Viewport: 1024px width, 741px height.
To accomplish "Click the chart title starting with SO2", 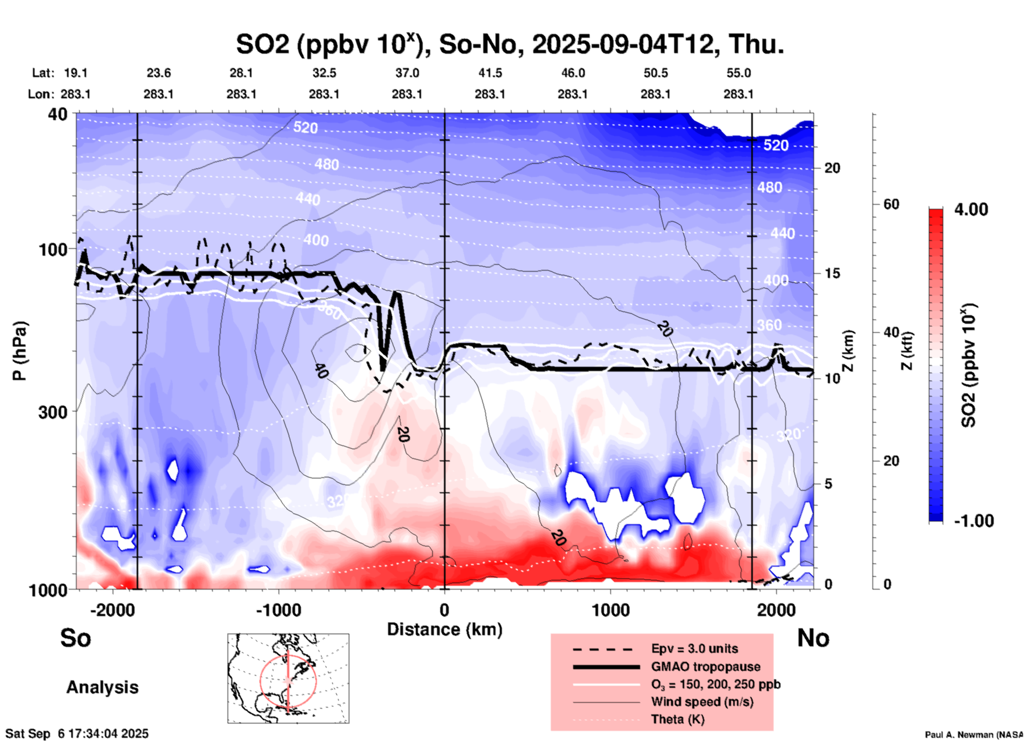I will [509, 45].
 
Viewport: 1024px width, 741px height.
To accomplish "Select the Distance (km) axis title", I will [444, 629].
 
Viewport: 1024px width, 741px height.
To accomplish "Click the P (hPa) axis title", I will [20, 351].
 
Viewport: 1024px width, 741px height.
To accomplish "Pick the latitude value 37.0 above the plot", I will [407, 73].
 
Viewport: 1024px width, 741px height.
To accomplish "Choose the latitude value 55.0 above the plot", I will [738, 73].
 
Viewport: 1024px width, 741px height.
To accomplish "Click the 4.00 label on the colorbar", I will [971, 209].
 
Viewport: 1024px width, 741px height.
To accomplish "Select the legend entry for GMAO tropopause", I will [706, 667].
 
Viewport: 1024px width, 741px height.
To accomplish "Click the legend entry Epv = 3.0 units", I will [694, 649].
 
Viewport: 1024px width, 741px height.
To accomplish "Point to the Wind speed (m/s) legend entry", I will [702, 702].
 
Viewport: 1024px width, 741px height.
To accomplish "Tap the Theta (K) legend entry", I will [677, 719].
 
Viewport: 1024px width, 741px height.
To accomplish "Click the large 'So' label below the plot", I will [75, 638].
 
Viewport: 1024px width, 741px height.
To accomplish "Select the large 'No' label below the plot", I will [813, 638].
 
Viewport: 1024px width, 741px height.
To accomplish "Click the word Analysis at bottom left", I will [102, 687].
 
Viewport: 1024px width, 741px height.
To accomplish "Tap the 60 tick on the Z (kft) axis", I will [891, 204].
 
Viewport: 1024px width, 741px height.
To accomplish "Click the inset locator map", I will [288, 678].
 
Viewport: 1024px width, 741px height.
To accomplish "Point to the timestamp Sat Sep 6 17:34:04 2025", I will [77, 734].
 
